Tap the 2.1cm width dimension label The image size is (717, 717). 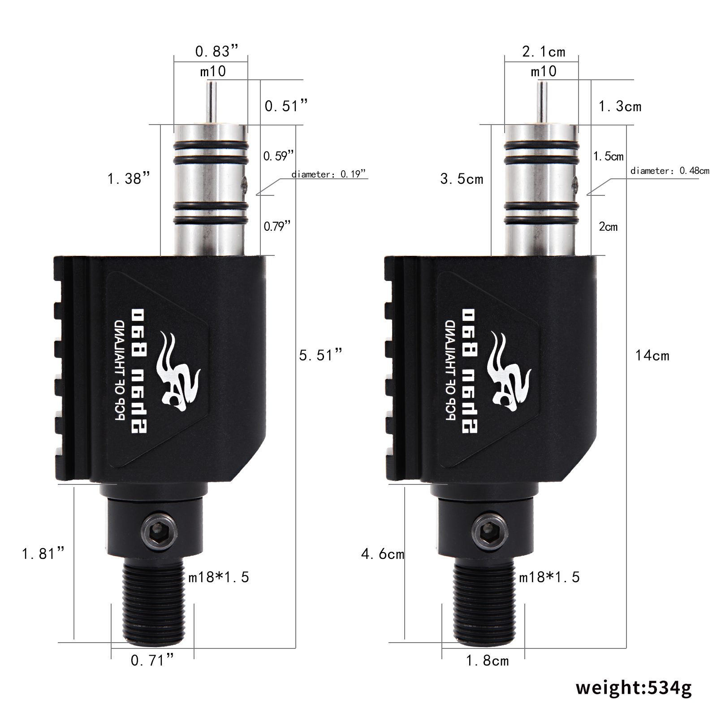(544, 52)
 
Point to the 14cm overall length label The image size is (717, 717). (652, 356)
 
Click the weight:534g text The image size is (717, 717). (634, 687)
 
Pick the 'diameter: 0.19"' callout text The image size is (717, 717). (328, 174)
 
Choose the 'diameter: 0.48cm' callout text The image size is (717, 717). (669, 171)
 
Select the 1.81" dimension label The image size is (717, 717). (43, 553)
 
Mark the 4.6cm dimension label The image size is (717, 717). (383, 554)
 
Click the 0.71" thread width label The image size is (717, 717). (152, 660)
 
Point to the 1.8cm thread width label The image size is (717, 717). (488, 661)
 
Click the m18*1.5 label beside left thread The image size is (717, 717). (218, 577)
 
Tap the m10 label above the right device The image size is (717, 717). (544, 71)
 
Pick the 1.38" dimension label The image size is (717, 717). (128, 179)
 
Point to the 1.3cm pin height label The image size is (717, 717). (620, 107)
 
